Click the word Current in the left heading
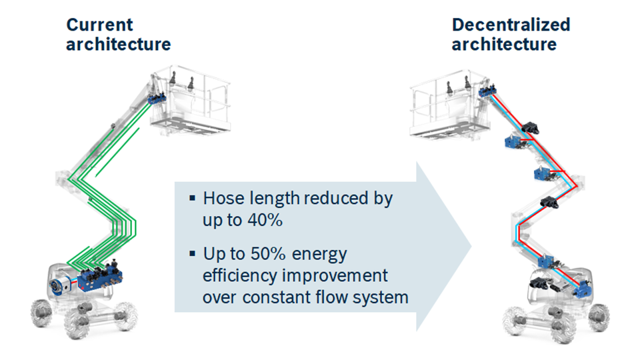pyautogui.click(x=99, y=25)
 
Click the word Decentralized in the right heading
pyautogui.click(x=511, y=25)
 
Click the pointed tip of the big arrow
pyautogui.click(x=470, y=247)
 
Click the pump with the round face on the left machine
pyautogui.click(x=57, y=287)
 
